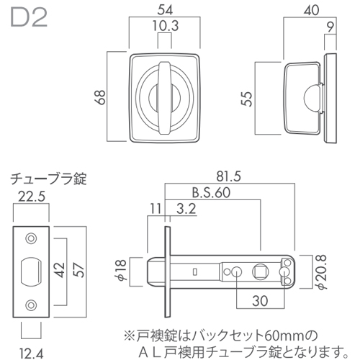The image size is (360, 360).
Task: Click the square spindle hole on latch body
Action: tap(261, 271)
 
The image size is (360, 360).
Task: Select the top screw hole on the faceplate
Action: tap(30, 238)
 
